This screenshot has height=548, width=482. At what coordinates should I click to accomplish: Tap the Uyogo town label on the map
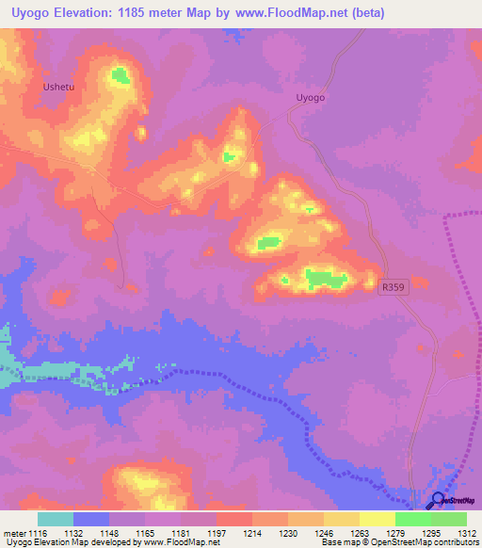pos(310,97)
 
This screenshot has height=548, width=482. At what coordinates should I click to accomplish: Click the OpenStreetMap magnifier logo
pos(437,500)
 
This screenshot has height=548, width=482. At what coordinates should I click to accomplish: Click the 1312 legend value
pos(466,533)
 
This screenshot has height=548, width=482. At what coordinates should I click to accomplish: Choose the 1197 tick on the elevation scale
pos(217,533)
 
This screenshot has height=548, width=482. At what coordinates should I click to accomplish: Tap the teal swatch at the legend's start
pos(56,519)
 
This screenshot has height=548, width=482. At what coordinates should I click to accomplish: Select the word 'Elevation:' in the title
pos(90,12)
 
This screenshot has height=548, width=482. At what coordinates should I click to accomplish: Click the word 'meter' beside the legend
pos(13,533)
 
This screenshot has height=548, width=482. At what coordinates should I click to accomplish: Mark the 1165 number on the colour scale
pos(145,533)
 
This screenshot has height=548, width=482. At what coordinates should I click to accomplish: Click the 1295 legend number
pos(430,533)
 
